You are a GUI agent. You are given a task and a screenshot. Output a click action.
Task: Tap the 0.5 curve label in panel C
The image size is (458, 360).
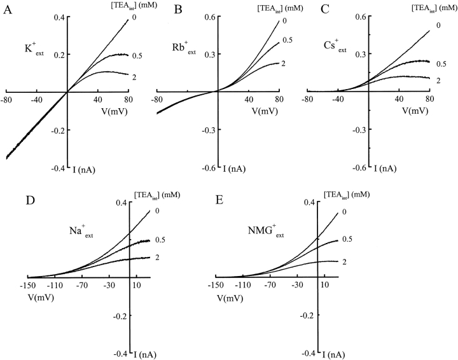[438, 64]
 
